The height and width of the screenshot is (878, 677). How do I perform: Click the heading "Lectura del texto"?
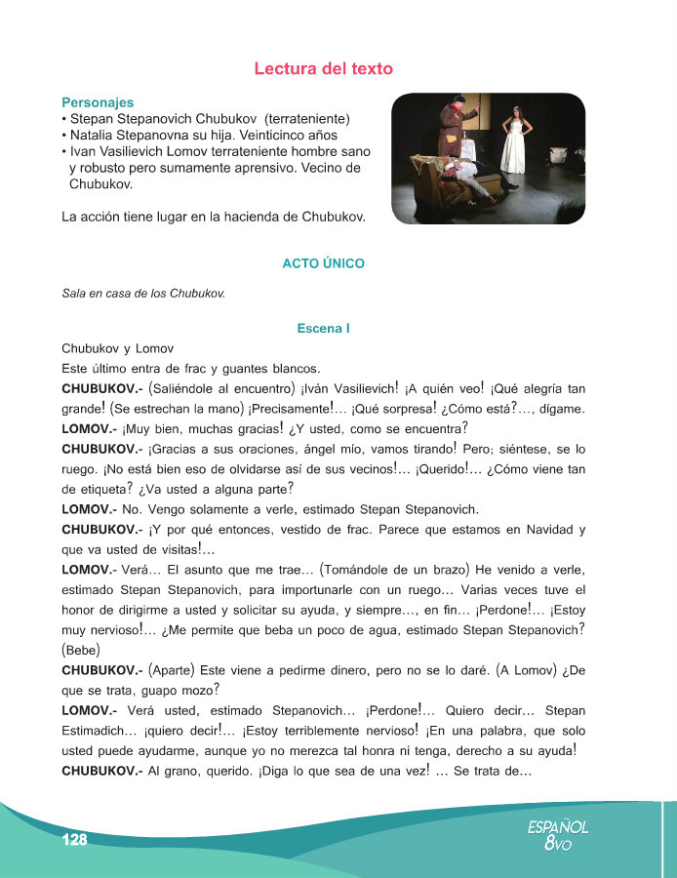(x=323, y=68)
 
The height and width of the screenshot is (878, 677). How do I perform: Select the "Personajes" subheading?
(x=98, y=102)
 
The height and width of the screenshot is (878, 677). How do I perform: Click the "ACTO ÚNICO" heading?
(x=323, y=263)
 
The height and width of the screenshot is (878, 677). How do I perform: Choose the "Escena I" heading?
(x=323, y=329)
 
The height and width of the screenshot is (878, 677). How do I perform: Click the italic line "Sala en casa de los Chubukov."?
(x=143, y=292)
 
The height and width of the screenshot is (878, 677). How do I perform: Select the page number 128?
(x=74, y=840)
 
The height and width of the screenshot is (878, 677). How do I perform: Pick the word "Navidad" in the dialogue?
(x=537, y=530)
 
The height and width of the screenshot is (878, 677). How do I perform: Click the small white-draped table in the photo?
(x=464, y=147)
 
